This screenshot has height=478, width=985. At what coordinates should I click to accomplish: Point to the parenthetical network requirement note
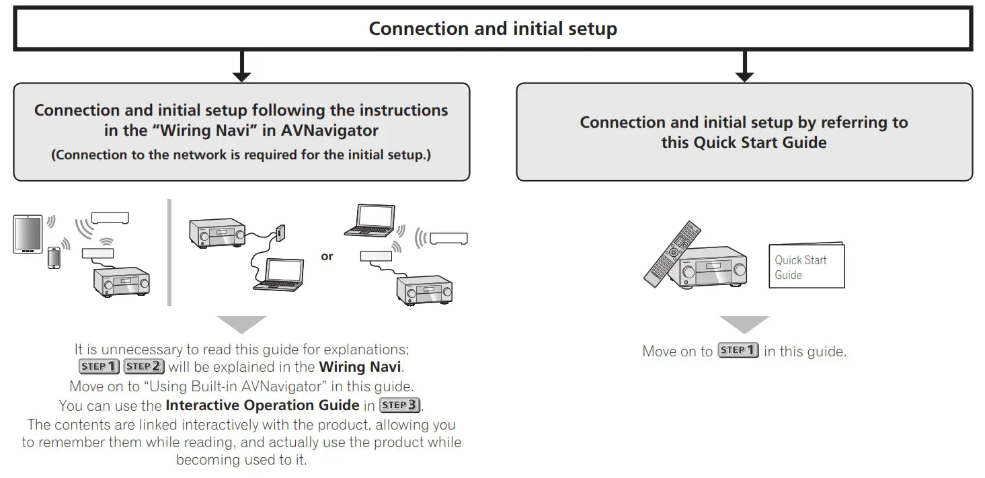coord(241,155)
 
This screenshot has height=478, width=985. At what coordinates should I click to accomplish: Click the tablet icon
coord(28,234)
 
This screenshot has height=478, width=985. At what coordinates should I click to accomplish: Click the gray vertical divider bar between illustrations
coord(169,252)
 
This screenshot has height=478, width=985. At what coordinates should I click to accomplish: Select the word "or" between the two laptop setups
coord(327,256)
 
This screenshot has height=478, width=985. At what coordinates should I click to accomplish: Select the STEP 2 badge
coord(143,366)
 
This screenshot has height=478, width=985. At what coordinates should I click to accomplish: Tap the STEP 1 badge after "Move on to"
coord(738,350)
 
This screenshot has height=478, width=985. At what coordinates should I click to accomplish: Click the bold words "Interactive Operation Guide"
coord(262,405)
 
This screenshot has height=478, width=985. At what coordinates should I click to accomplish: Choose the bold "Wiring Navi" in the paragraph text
coord(360,367)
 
